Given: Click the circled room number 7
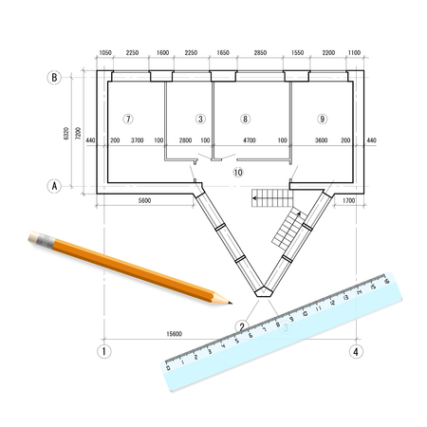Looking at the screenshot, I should pyautogui.click(x=129, y=119).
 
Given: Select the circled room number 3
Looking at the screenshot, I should pyautogui.click(x=199, y=119).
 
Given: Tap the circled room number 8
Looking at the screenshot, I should pyautogui.click(x=246, y=119).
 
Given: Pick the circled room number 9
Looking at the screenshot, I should pyautogui.click(x=323, y=119).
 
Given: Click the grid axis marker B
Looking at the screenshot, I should pyautogui.click(x=54, y=79).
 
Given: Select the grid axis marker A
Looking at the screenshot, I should pyautogui.click(x=54, y=187).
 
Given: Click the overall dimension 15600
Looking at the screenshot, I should pyautogui.click(x=175, y=333).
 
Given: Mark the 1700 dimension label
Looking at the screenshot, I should pyautogui.click(x=347, y=200).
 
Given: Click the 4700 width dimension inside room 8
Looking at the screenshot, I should pyautogui.click(x=250, y=140).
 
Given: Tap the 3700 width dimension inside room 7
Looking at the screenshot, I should pyautogui.click(x=137, y=140).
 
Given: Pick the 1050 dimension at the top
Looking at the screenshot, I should pyautogui.click(x=105, y=54).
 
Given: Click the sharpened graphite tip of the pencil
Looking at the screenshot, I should pyautogui.click(x=230, y=304).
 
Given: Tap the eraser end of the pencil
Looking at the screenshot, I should pyautogui.click(x=35, y=236).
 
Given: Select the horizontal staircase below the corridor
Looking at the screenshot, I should pyautogui.click(x=269, y=198).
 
